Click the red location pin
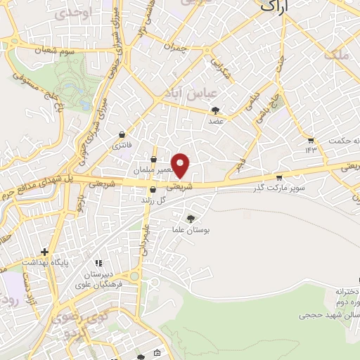[x=181, y=165]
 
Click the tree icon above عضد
[x=215, y=110]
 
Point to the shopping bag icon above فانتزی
[x=123, y=134]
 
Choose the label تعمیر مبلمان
[x=152, y=170]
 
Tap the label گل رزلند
[x=152, y=200]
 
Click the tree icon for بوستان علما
[x=191, y=218]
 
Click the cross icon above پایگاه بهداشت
[x=44, y=251]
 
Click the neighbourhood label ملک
[x=342, y=54]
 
